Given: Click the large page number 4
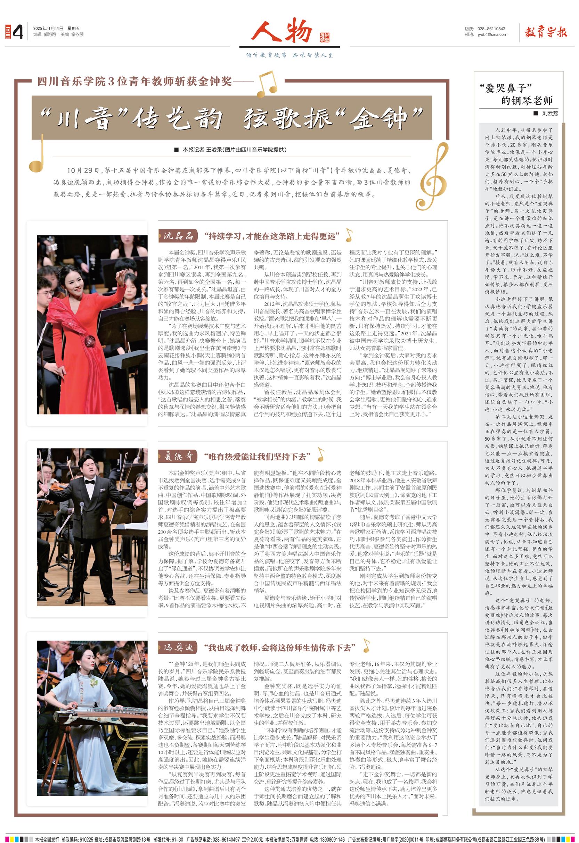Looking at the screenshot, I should (x=18, y=32).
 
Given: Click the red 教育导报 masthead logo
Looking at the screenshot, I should (x=545, y=32).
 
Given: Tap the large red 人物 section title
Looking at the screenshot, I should (x=282, y=31).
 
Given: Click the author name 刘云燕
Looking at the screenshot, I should (x=550, y=113).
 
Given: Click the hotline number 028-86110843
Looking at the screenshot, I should (x=491, y=29).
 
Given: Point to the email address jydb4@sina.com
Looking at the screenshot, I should (x=492, y=34).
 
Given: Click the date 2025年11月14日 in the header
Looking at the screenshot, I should (x=48, y=29).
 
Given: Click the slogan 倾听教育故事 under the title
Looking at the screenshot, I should (x=267, y=55).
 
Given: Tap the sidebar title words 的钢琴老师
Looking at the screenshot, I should (x=527, y=100).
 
